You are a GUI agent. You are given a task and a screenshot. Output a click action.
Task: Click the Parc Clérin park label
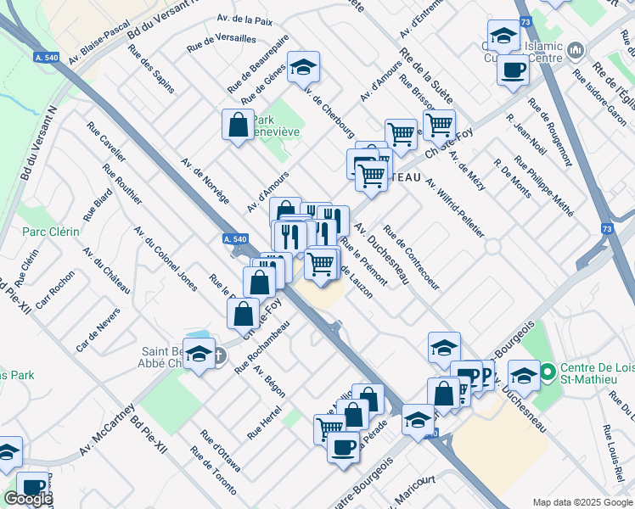(50, 232)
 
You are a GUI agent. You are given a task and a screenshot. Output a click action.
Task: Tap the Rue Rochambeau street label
(262, 349)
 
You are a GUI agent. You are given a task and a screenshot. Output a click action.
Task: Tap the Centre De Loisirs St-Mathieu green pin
(547, 372)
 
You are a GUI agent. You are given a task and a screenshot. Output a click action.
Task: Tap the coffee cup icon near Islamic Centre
(514, 70)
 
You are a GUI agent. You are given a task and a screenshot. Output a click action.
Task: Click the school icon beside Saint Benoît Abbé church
(199, 355)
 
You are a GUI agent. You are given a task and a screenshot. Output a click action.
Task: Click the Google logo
(28, 499)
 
